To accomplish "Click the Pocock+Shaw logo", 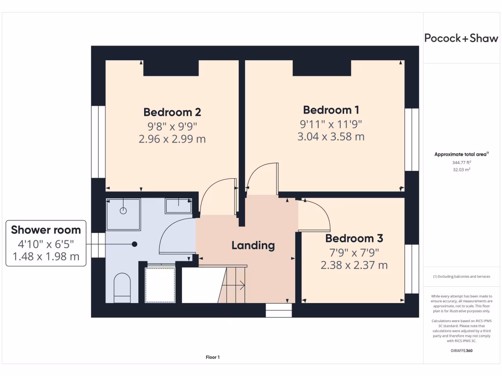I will click(x=461, y=39).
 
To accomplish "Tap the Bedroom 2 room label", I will click(x=172, y=112).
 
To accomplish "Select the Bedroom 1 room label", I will click(x=331, y=110).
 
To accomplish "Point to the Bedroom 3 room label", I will click(x=354, y=238).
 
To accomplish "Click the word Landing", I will click(x=253, y=245).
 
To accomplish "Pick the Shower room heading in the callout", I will click(x=46, y=230).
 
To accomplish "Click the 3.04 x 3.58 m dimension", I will click(x=331, y=137).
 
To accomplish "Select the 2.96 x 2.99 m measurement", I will click(x=172, y=139).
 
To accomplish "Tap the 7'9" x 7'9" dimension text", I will click(x=354, y=253).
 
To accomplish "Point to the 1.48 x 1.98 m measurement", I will click(x=46, y=256).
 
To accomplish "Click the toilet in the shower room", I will click(x=122, y=287).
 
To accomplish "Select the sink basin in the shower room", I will click(x=178, y=205).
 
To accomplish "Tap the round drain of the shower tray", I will click(x=123, y=211).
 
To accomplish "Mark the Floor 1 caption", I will click(x=213, y=357).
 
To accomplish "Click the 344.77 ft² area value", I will click(x=461, y=162).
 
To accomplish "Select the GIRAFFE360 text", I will click(x=461, y=351).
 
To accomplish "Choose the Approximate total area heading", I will click(x=461, y=154).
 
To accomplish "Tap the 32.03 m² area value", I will click(x=461, y=169).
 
